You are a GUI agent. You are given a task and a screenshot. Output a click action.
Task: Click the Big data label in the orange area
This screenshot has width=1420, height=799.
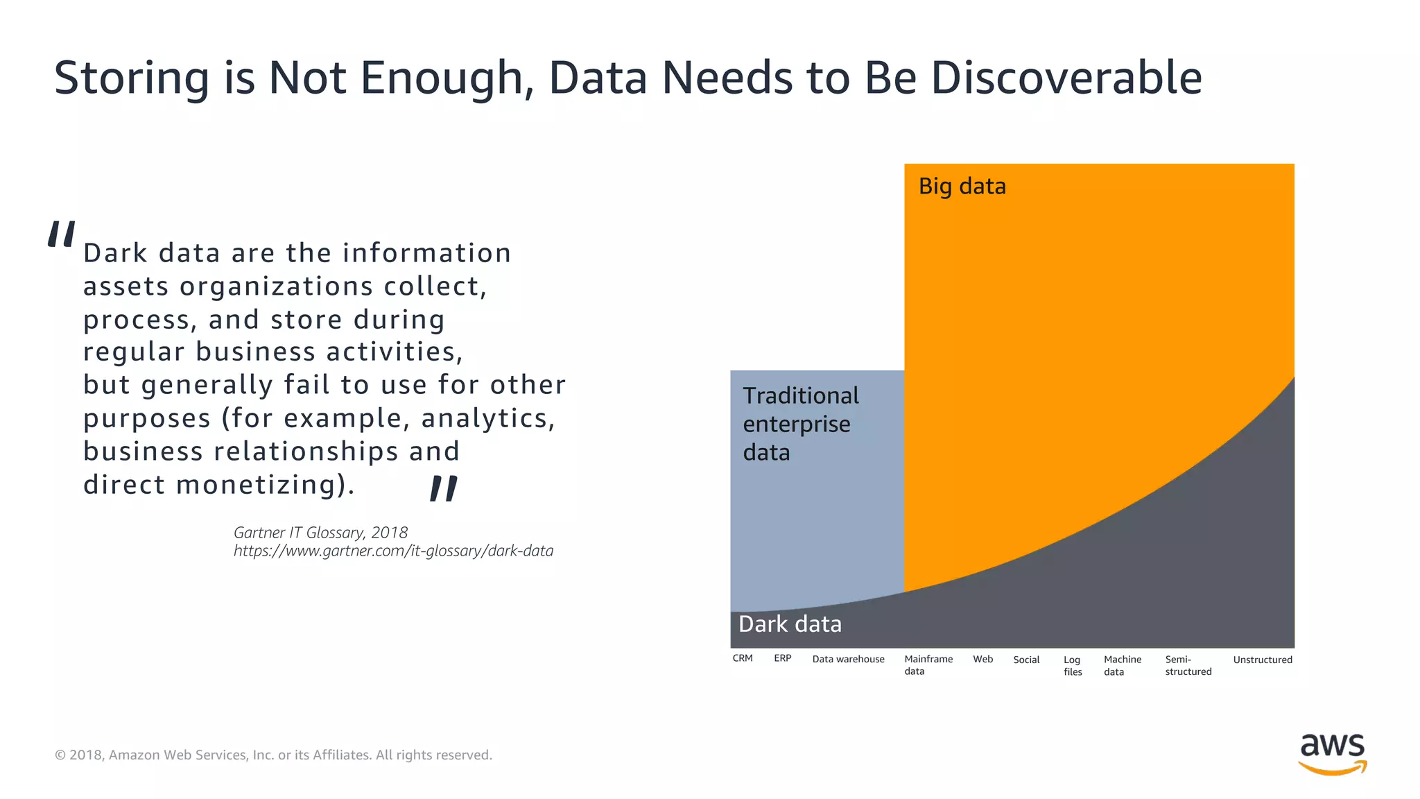(962, 187)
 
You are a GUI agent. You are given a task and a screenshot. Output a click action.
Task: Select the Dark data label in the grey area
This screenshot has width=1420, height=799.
(790, 624)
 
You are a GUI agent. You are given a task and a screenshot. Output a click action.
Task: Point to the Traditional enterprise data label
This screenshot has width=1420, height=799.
(800, 424)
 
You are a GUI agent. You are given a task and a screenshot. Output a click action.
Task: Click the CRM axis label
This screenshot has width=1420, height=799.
(742, 658)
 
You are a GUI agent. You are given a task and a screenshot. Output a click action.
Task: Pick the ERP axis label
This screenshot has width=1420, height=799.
(782, 658)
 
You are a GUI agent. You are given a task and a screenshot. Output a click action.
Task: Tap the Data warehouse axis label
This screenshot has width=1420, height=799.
(848, 659)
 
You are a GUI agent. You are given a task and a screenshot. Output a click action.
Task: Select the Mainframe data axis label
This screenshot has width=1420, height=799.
(928, 664)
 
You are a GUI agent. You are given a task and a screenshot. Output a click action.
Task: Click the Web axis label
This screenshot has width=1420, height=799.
(982, 659)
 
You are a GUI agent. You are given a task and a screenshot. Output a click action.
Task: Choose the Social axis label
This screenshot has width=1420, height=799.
(1026, 660)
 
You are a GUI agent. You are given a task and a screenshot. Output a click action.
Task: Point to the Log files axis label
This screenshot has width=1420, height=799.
(1072, 665)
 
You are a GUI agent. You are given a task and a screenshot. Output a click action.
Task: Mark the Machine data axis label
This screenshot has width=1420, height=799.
(1122, 665)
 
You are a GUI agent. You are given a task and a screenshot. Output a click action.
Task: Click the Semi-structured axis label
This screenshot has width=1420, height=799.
(1188, 665)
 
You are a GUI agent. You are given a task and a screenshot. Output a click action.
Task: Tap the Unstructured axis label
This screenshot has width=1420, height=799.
(1262, 660)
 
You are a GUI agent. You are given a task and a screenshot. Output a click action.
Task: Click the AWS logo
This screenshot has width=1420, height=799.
(1332, 754)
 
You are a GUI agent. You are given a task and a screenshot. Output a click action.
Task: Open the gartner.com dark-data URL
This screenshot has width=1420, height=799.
(393, 551)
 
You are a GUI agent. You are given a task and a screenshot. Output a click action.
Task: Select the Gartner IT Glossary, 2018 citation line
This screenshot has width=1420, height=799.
(320, 532)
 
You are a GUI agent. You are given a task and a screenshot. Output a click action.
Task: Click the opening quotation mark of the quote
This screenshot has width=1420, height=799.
(61, 234)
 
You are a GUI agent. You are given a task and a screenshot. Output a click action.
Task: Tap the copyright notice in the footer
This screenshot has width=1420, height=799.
(273, 755)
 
